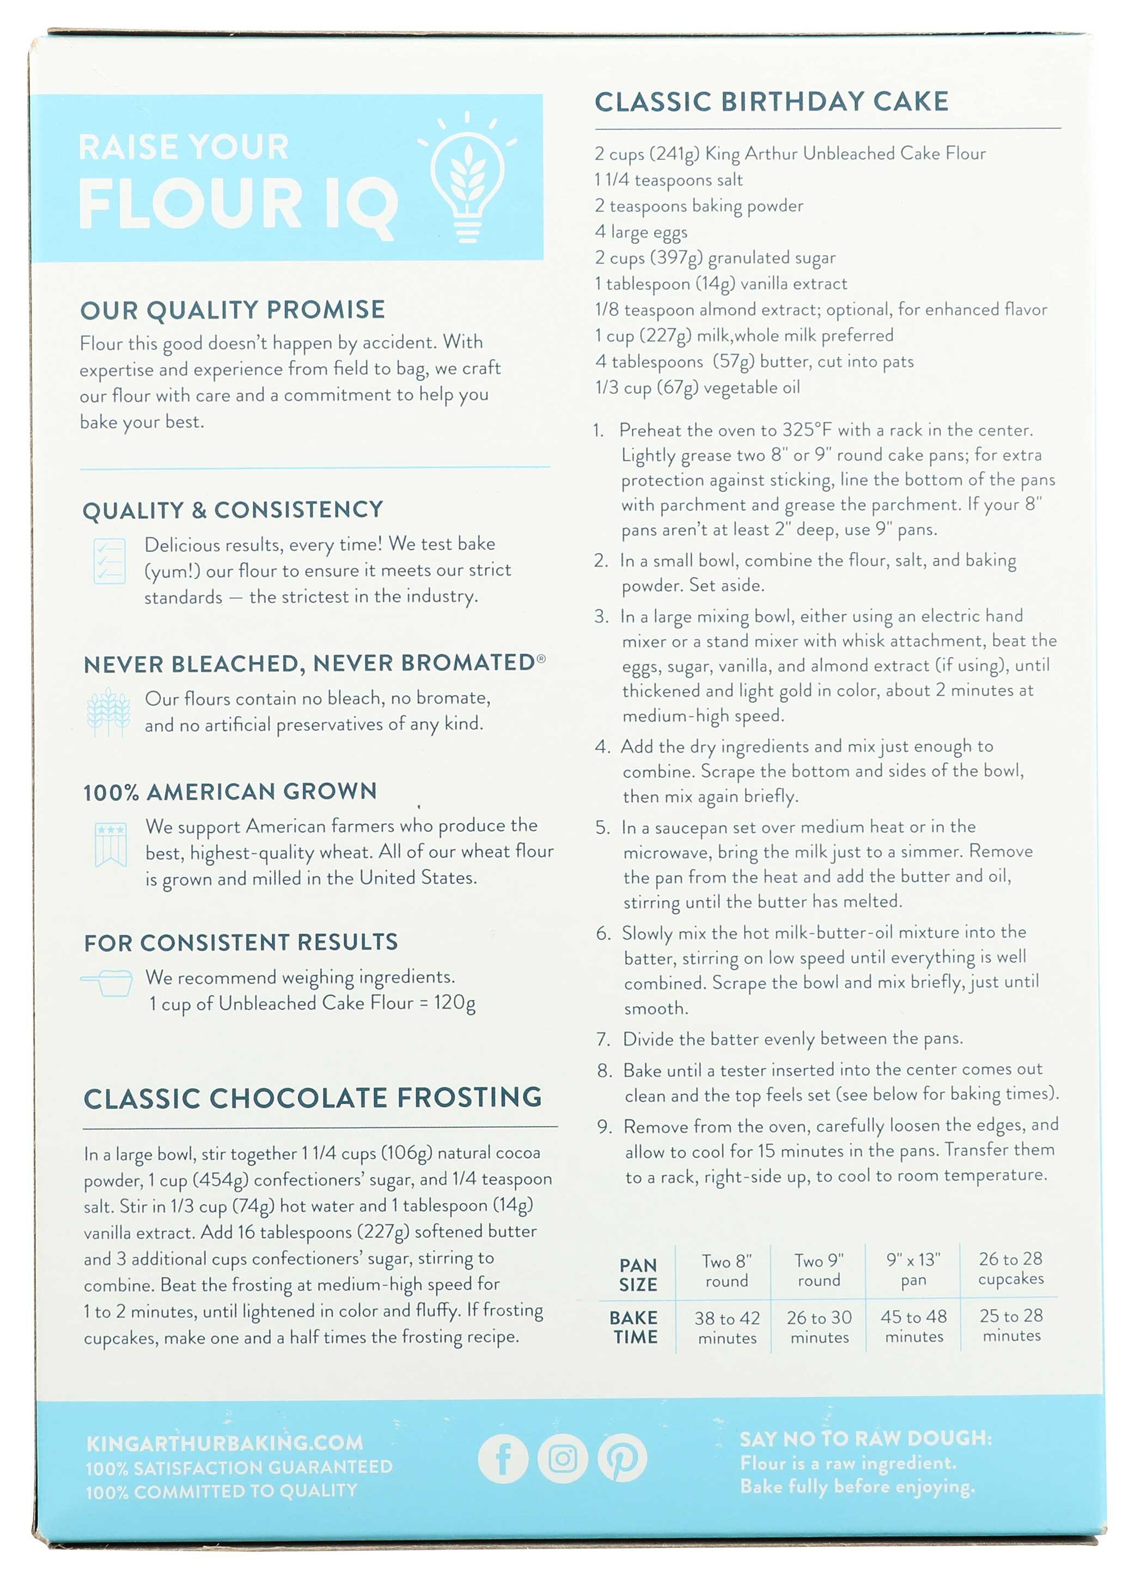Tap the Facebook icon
pos(503,1459)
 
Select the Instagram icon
pos(563,1458)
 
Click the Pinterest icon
pos(622,1458)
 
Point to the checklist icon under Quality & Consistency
pos(109,561)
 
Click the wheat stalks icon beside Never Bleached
pos(108,712)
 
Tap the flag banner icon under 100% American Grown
pos(111,844)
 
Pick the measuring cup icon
pos(108,982)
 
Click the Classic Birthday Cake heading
pos(771,102)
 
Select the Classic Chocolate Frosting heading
pos(313,1098)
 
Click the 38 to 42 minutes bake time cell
pos(727,1327)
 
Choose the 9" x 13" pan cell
pos(913,1269)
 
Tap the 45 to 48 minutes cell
pos(913,1326)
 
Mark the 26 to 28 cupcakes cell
pos(1010,1269)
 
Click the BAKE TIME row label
pos(634,1327)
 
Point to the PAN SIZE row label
pos(638,1274)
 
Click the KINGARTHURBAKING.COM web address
pos(224,1443)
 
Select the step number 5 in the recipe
pos(602,827)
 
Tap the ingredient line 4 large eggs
pos(640,232)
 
